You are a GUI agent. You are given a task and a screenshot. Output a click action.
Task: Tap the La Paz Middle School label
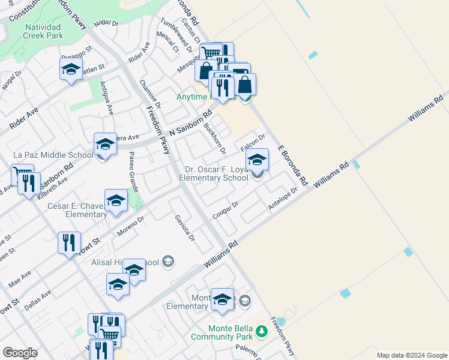pyautogui.click(x=53, y=155)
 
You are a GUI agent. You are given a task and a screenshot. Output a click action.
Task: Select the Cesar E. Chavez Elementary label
pyautogui.click(x=77, y=210)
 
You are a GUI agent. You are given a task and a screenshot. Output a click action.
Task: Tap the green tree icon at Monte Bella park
pyautogui.click(x=261, y=331)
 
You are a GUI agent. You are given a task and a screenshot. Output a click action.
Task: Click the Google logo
pyautogui.click(x=20, y=353)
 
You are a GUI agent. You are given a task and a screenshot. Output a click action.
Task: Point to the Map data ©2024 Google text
pyautogui.click(x=411, y=355)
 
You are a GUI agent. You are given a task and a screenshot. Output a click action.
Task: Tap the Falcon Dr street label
pyautogui.click(x=253, y=143)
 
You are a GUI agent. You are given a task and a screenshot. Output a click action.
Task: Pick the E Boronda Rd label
pyautogui.click(x=292, y=164)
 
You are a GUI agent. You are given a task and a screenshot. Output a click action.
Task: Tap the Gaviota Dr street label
pyautogui.click(x=185, y=228)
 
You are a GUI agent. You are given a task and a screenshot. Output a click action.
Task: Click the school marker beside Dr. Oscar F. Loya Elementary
pyautogui.click(x=257, y=160)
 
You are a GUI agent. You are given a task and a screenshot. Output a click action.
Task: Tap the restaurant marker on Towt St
pyautogui.click(x=69, y=243)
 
